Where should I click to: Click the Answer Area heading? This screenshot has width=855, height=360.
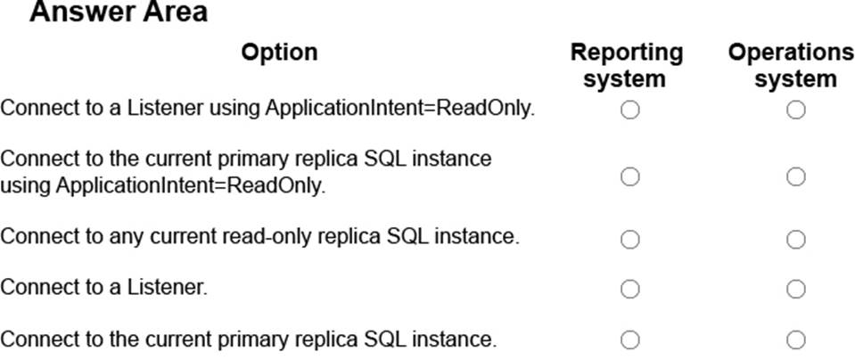pyautogui.click(x=119, y=12)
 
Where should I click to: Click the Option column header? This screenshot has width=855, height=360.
pyautogui.click(x=279, y=53)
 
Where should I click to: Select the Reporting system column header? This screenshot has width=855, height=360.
pyautogui.click(x=627, y=65)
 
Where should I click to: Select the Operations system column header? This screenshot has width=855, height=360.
pyautogui.click(x=791, y=65)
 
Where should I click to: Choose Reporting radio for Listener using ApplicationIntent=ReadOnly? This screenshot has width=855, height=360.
pyautogui.click(x=629, y=110)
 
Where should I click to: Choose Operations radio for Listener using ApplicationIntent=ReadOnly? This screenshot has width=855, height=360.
pyautogui.click(x=795, y=110)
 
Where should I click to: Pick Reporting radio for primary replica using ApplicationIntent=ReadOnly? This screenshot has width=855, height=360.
pyautogui.click(x=629, y=176)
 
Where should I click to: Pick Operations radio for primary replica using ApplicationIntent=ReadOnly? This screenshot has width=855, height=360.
pyautogui.click(x=795, y=176)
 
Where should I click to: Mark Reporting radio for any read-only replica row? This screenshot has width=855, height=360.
pyautogui.click(x=629, y=239)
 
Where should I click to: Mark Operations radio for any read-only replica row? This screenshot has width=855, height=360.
pyautogui.click(x=795, y=239)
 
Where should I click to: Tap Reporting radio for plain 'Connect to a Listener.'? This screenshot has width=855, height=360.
pyautogui.click(x=629, y=289)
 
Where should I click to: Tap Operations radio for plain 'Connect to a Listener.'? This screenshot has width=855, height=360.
pyautogui.click(x=795, y=289)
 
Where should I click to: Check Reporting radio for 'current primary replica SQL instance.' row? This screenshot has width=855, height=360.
pyautogui.click(x=629, y=340)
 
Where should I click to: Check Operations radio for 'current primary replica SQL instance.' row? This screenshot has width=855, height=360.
pyautogui.click(x=795, y=340)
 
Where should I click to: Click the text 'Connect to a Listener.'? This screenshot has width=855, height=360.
pyautogui.click(x=104, y=288)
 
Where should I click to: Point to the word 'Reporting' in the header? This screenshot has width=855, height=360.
pyautogui.click(x=627, y=53)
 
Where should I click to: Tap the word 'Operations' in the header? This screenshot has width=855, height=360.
pyautogui.click(x=791, y=53)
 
